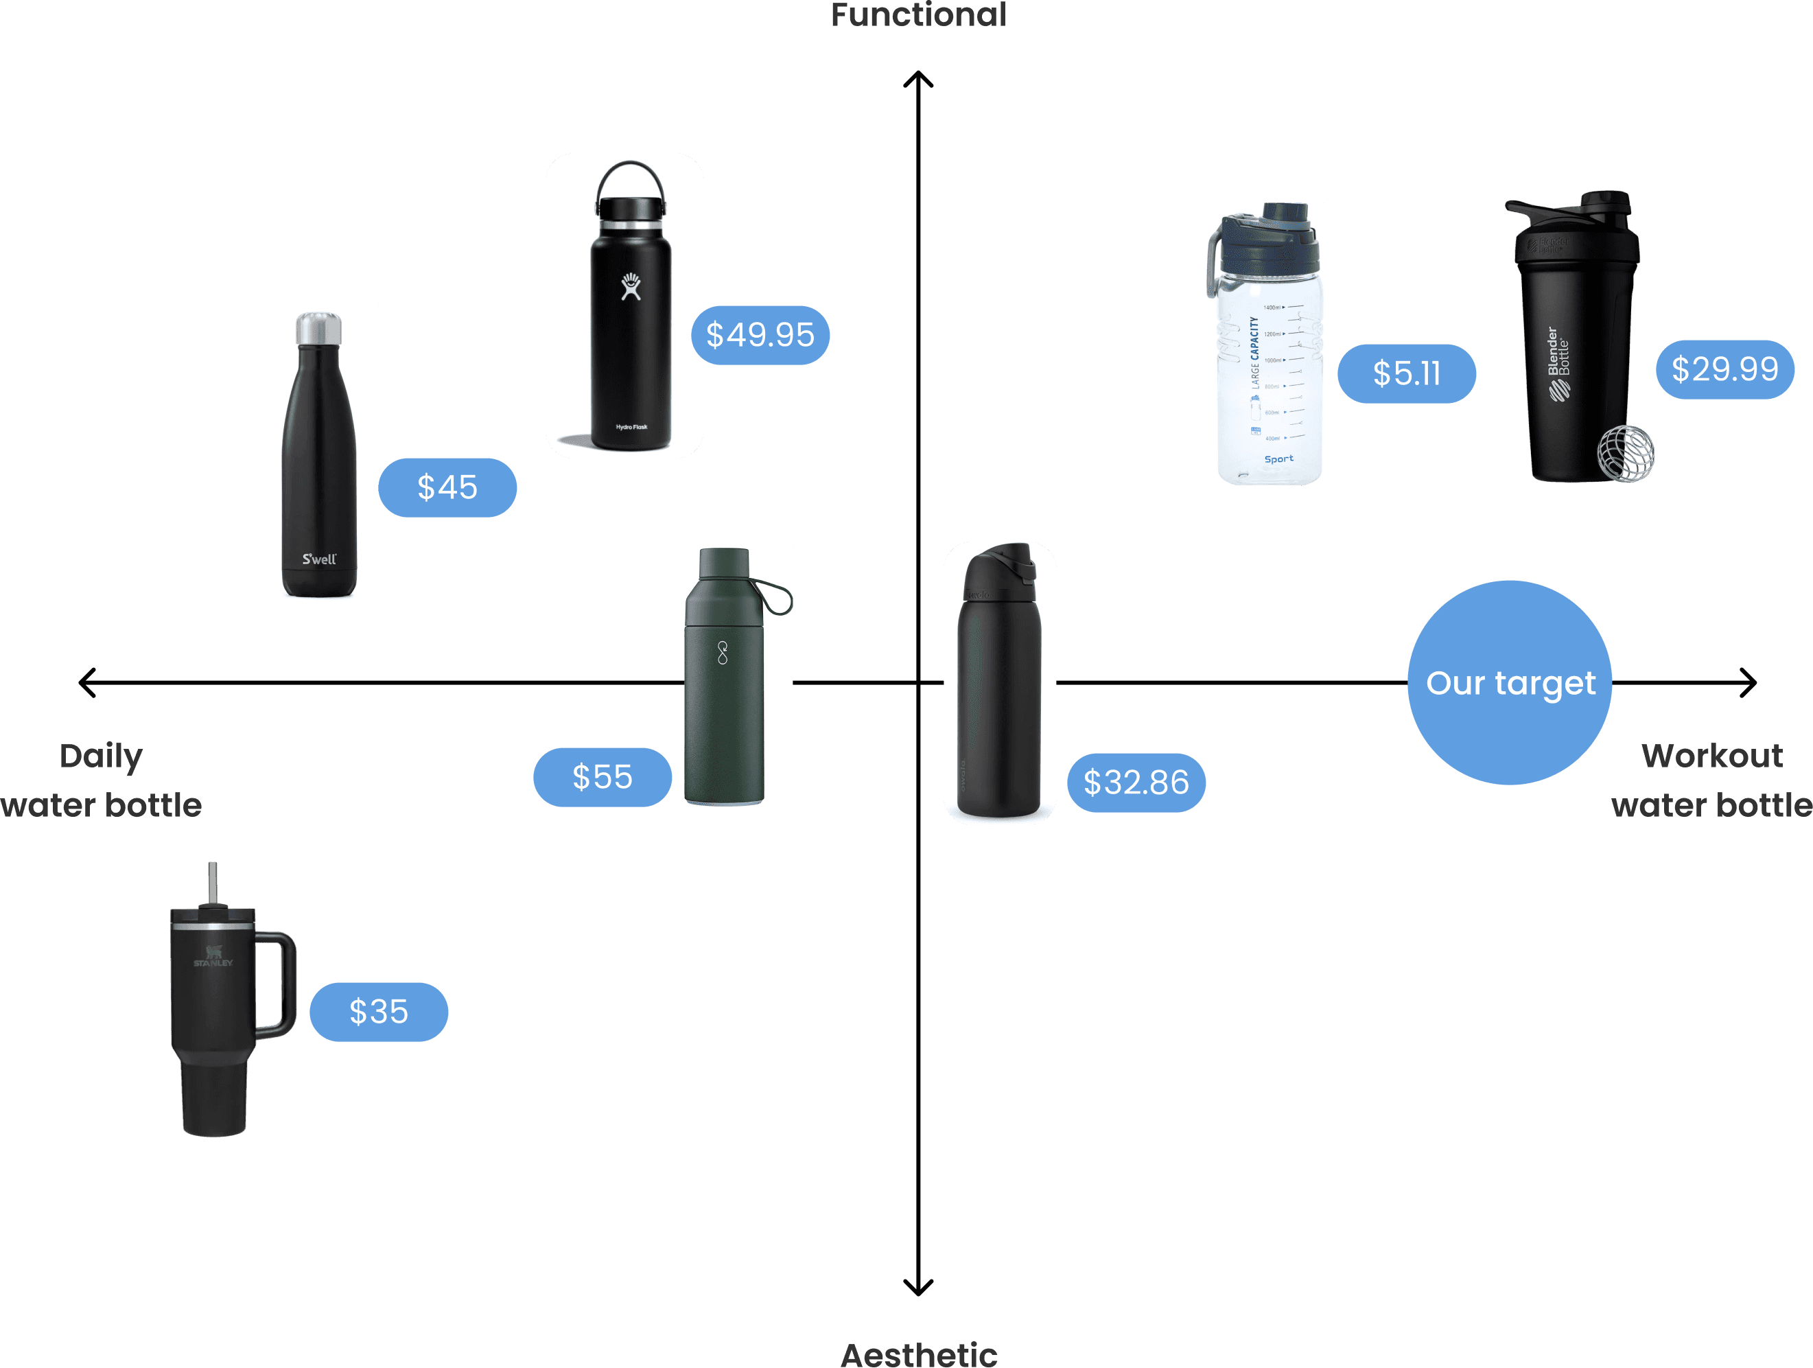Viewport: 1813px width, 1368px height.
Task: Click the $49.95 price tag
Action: (x=760, y=335)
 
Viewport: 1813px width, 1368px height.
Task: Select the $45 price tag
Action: (x=447, y=488)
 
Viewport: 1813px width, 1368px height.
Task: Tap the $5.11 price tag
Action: (x=1407, y=374)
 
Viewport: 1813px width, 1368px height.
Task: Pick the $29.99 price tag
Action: (x=1724, y=370)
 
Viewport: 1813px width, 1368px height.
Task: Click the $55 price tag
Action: (x=603, y=777)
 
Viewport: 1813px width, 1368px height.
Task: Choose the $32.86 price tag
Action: (x=1136, y=782)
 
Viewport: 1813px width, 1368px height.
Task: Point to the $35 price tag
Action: (x=379, y=1012)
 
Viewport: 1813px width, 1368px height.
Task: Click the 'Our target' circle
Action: (x=1510, y=683)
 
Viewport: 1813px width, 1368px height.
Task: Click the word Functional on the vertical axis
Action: (x=918, y=14)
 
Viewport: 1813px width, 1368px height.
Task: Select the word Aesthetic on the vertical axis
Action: (x=919, y=1354)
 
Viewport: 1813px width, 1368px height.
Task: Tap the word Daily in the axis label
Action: (x=101, y=756)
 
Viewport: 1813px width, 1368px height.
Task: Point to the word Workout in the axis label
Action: (x=1712, y=756)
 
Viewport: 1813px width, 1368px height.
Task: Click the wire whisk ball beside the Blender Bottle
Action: (x=1626, y=452)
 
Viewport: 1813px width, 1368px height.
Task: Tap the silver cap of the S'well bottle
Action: (x=319, y=328)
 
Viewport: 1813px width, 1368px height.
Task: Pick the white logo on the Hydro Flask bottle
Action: (x=630, y=286)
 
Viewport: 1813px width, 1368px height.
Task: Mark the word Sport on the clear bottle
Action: (x=1278, y=459)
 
